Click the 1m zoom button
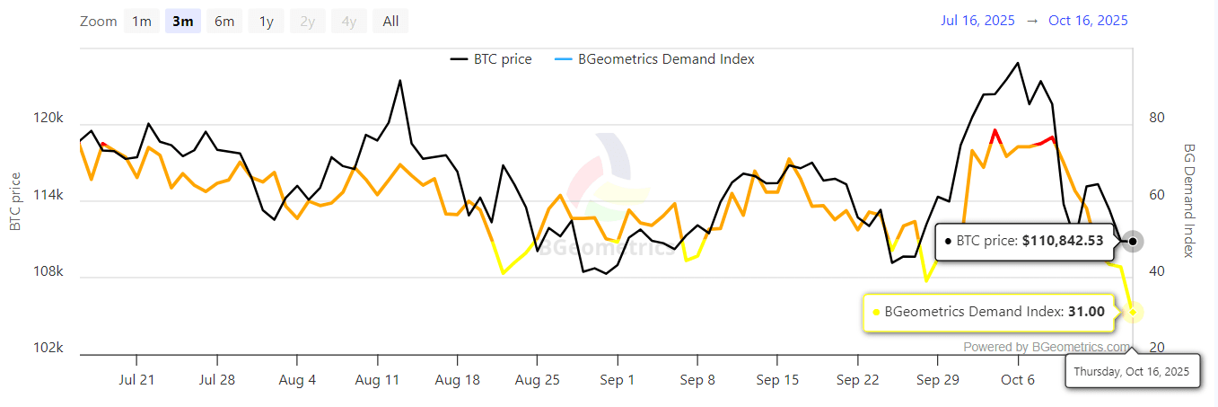pos(142,22)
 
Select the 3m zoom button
pos(182,22)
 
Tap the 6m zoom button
pos(224,22)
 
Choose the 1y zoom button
pos(266,22)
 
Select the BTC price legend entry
pos(491,59)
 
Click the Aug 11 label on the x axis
pos(377,380)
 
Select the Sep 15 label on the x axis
pos(777,380)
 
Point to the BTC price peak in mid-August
pos(399,81)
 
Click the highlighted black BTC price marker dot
pos(1133,241)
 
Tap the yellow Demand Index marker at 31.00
pos(1133,312)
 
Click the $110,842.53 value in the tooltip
pos(1063,241)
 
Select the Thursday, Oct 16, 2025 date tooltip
pos(1132,370)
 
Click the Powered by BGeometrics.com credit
pos(1047,347)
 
